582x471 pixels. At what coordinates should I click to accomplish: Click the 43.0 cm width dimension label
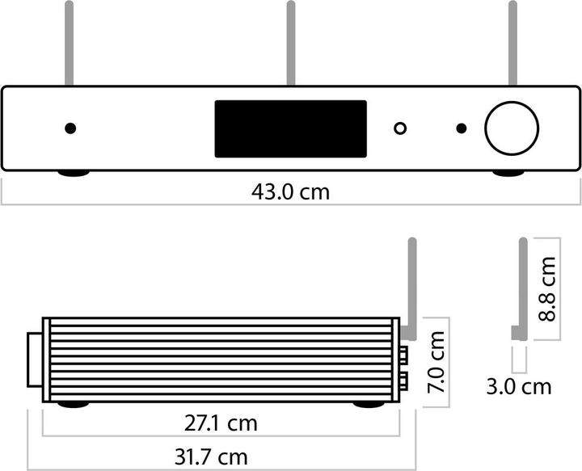(290, 193)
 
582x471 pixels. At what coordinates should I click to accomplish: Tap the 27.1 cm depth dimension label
(221, 423)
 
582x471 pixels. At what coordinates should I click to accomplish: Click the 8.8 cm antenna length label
(547, 288)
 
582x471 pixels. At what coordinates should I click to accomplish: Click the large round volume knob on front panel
(511, 128)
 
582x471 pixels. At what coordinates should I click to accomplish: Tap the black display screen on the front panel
(289, 128)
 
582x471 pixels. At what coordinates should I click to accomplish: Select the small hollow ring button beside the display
(400, 128)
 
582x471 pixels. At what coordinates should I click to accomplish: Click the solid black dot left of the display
(70, 128)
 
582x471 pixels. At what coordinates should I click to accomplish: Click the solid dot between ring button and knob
(461, 128)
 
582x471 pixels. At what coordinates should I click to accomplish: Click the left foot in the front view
(73, 173)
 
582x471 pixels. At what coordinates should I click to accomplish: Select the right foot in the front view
(508, 173)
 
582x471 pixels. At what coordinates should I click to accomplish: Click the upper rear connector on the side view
(403, 354)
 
